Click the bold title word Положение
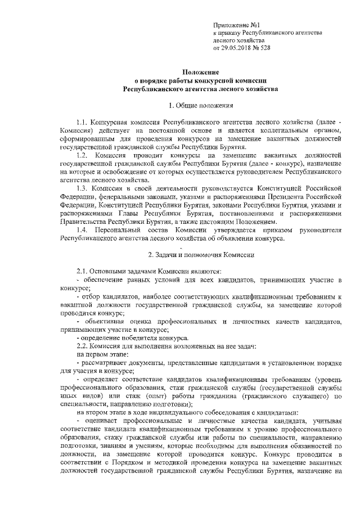pyautogui.click(x=200, y=71)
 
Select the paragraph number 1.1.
pyautogui.click(x=82, y=122)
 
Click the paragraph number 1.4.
pyautogui.click(x=82, y=229)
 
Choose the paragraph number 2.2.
pyautogui.click(x=82, y=345)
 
